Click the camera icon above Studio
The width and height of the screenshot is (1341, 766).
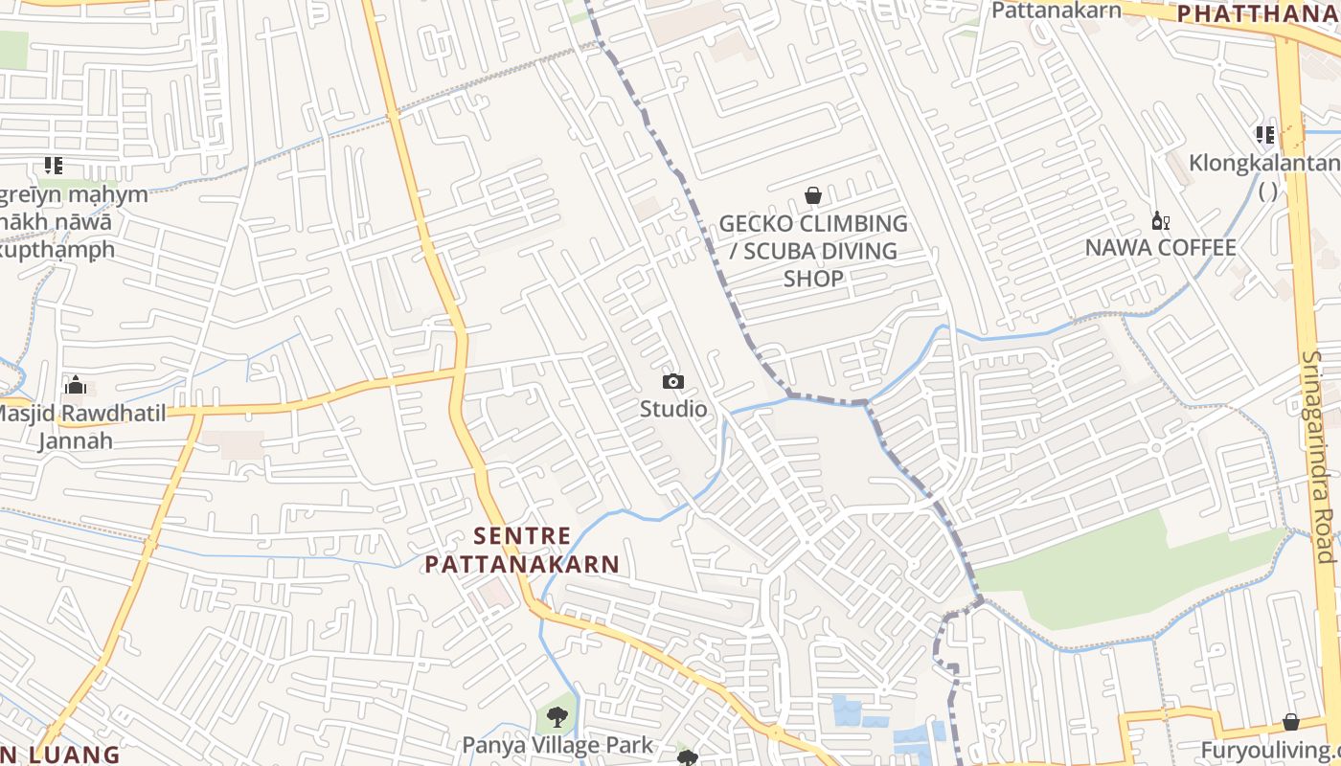point(673,382)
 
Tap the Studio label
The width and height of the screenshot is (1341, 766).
point(673,410)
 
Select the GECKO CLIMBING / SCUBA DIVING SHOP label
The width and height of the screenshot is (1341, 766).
point(813,251)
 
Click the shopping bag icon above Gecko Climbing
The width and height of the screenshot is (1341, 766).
point(813,196)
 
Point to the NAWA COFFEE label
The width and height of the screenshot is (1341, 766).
point(1160,248)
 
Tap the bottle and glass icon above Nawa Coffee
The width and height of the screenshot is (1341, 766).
point(1160,221)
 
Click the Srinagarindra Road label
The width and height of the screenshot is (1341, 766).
point(1318,457)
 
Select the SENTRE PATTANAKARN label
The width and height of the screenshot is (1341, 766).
point(522,551)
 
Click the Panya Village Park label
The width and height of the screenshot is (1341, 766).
point(557,745)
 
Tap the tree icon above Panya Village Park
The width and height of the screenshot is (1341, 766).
point(557,717)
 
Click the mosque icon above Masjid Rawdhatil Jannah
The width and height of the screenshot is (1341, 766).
point(76,386)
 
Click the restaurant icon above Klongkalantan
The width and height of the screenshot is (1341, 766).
point(1265,135)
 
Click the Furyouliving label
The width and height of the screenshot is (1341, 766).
point(1270,749)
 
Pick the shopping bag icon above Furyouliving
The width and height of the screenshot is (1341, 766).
point(1291,722)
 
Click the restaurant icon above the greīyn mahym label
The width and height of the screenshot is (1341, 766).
point(54,166)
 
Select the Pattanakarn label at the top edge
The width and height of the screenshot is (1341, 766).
point(1056,11)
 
